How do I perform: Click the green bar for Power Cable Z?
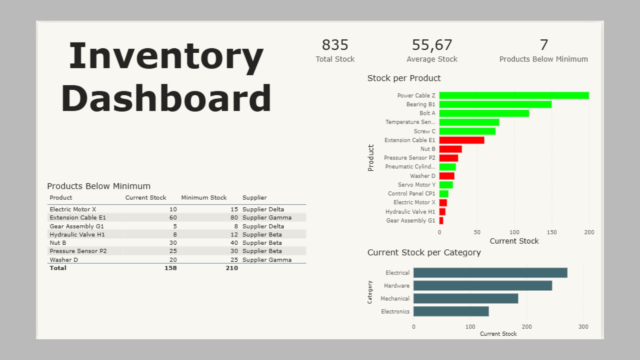tap(514, 96)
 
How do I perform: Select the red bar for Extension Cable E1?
tap(462, 140)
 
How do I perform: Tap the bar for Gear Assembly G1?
tap(441, 221)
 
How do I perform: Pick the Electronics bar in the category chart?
tap(451, 311)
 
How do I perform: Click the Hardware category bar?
tap(483, 286)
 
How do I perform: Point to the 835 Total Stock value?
tap(335, 45)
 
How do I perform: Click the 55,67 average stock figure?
tap(432, 45)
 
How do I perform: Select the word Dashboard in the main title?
tap(166, 98)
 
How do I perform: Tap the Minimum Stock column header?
tap(204, 198)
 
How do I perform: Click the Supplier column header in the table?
tap(254, 198)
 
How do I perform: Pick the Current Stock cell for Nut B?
tap(173, 243)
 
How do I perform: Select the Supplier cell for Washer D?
tap(267, 260)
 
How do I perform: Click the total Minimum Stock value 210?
tap(232, 268)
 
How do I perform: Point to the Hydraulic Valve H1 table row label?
tap(77, 235)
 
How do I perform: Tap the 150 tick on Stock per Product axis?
tap(551, 232)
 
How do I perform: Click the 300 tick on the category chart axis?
tap(583, 327)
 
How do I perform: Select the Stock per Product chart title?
tap(404, 78)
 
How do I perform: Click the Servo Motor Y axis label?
tap(416, 185)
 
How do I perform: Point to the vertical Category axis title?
tap(370, 292)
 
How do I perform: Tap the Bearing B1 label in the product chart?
tap(420, 104)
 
